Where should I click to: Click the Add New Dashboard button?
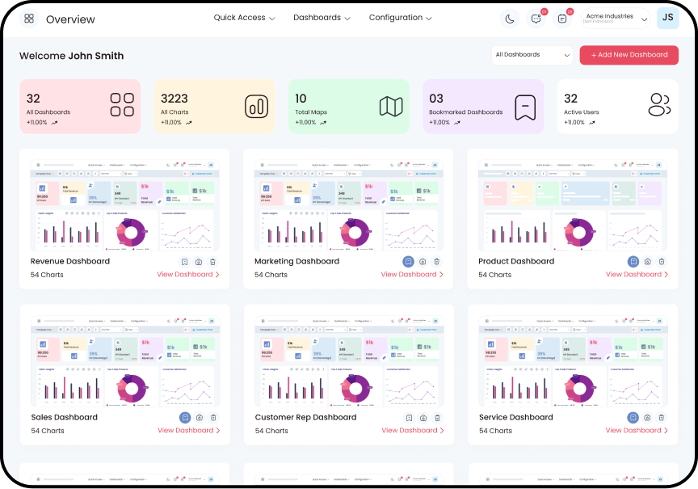click(x=629, y=55)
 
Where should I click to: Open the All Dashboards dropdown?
click(x=532, y=55)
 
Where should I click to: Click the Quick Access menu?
click(x=244, y=18)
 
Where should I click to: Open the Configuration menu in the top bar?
click(x=400, y=18)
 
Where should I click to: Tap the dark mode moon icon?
click(x=509, y=19)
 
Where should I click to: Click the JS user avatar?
click(x=667, y=18)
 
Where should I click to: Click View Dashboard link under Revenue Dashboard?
click(x=188, y=275)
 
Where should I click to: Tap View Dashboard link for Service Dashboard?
click(x=637, y=431)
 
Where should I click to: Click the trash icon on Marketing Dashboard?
click(x=436, y=261)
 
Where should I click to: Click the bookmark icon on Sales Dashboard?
click(x=185, y=417)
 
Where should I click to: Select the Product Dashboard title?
click(x=516, y=261)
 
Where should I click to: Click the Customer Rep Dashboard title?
click(x=305, y=417)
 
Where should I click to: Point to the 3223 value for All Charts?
click(x=174, y=99)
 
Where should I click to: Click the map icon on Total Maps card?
click(x=391, y=105)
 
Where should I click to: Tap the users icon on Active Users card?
click(x=659, y=104)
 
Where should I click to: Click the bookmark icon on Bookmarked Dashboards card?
click(x=525, y=106)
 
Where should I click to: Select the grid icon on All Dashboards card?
click(x=122, y=104)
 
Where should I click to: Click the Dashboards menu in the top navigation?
click(x=322, y=18)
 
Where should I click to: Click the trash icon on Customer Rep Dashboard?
click(x=436, y=417)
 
